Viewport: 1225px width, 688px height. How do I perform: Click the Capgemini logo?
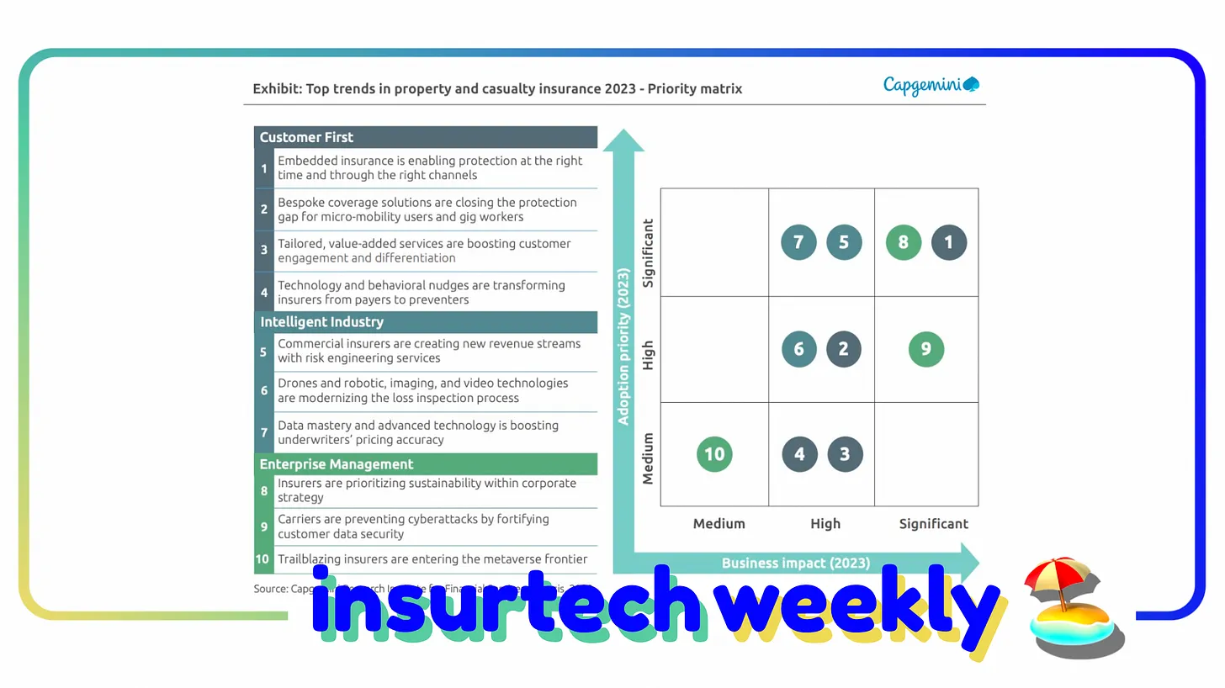[931, 85]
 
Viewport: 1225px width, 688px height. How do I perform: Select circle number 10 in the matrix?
[714, 454]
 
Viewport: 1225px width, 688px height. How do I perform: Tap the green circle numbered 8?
[903, 242]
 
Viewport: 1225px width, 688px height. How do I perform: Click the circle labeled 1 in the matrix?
[948, 242]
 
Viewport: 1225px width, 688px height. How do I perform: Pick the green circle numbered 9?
[925, 349]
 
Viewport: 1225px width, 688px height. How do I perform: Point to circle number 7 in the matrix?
[798, 242]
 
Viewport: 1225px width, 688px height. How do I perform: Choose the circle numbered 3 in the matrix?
[844, 454]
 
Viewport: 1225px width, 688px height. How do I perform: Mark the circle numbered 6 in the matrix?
[798, 349]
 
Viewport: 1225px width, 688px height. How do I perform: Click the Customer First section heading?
[306, 137]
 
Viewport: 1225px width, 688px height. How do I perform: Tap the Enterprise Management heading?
[336, 464]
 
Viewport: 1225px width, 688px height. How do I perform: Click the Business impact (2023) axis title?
[795, 563]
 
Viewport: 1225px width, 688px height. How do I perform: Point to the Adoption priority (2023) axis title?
[623, 347]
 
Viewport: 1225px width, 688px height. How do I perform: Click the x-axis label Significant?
[933, 524]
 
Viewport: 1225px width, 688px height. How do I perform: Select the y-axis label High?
[648, 355]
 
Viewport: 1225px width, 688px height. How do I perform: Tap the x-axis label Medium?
[719, 524]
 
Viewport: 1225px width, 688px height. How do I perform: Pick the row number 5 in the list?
[263, 352]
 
